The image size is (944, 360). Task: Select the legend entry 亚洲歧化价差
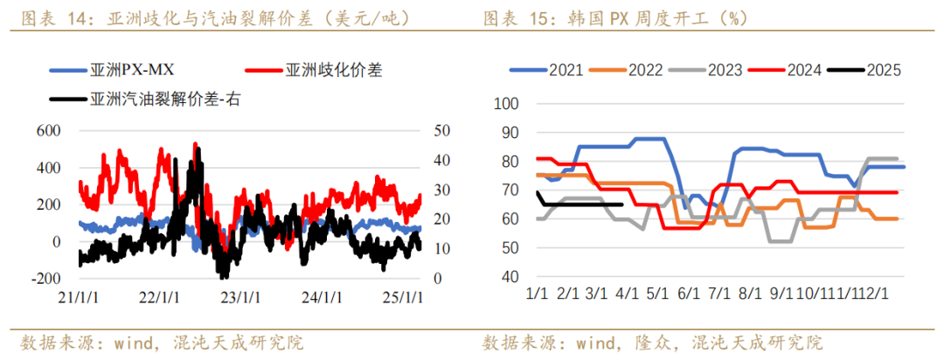pos(333,70)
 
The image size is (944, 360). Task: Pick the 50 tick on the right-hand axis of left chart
pos(442,130)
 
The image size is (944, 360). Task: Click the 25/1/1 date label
pos(404,297)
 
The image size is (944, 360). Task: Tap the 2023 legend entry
pos(724,71)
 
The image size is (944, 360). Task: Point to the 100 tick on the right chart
pos(507,104)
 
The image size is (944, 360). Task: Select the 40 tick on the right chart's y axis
pos(510,277)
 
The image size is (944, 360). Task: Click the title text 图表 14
pos(58,17)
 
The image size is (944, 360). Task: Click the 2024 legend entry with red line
pos(803,71)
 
